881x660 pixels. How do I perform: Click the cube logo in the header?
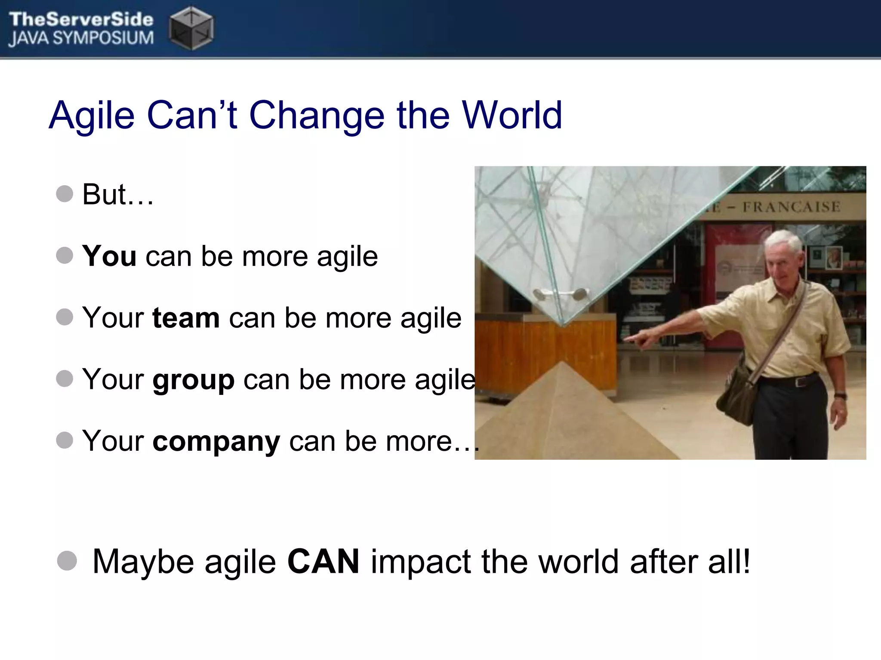point(191,28)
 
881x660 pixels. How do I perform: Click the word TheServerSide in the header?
point(81,19)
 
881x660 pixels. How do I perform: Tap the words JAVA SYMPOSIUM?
point(81,39)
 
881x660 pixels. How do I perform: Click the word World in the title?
point(512,115)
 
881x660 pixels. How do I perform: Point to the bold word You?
point(109,256)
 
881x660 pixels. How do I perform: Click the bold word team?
point(186,318)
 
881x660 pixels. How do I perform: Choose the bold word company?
point(216,442)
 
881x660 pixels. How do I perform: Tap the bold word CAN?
point(323,561)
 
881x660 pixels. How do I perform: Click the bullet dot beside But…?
point(65,194)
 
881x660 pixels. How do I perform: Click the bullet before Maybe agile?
point(67,561)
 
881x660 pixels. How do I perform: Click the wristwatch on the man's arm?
point(840,395)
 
